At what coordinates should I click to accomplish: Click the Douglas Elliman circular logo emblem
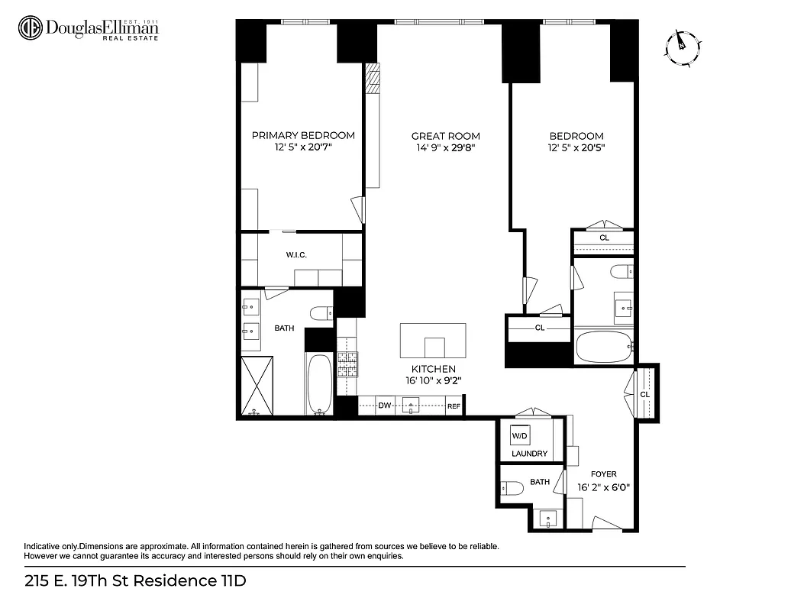pos(30,28)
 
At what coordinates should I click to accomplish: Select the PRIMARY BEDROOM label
pos(303,135)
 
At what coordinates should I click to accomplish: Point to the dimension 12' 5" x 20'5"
pos(576,148)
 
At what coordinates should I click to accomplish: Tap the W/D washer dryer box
pos(520,436)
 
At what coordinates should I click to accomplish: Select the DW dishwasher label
pos(385,406)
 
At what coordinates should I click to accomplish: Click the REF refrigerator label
pos(454,406)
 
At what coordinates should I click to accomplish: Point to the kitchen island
pos(433,341)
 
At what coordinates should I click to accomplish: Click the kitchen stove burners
pos(347,364)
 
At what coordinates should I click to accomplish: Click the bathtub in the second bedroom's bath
pos(603,347)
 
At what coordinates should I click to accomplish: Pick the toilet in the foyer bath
pos(513,487)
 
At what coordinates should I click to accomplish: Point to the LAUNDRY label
pos(529,454)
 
